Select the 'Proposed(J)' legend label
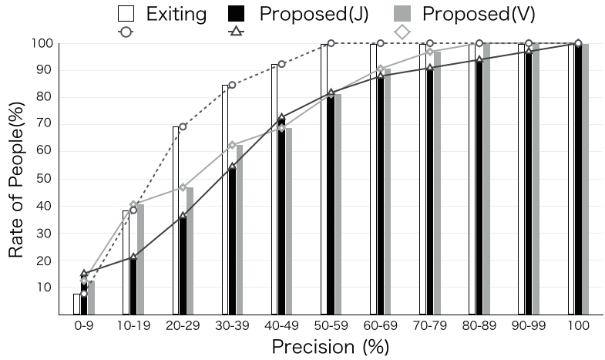pyautogui.click(x=323, y=13)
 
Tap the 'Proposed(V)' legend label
pyautogui.click(x=479, y=13)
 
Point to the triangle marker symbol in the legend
pyautogui.click(x=237, y=32)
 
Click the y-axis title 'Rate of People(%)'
pyautogui.click(x=17, y=180)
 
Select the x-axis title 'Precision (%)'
pyautogui.click(x=331, y=346)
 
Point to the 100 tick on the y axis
pyautogui.click(x=42, y=43)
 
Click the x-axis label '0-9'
pyautogui.click(x=84, y=326)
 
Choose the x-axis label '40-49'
pyautogui.click(x=281, y=326)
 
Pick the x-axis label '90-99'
pyautogui.click(x=529, y=326)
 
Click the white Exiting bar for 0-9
pyautogui.click(x=77, y=304)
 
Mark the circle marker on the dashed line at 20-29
pyautogui.click(x=183, y=126)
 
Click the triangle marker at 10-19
pyautogui.click(x=133, y=257)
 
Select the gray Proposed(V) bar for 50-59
pyautogui.click(x=338, y=204)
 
